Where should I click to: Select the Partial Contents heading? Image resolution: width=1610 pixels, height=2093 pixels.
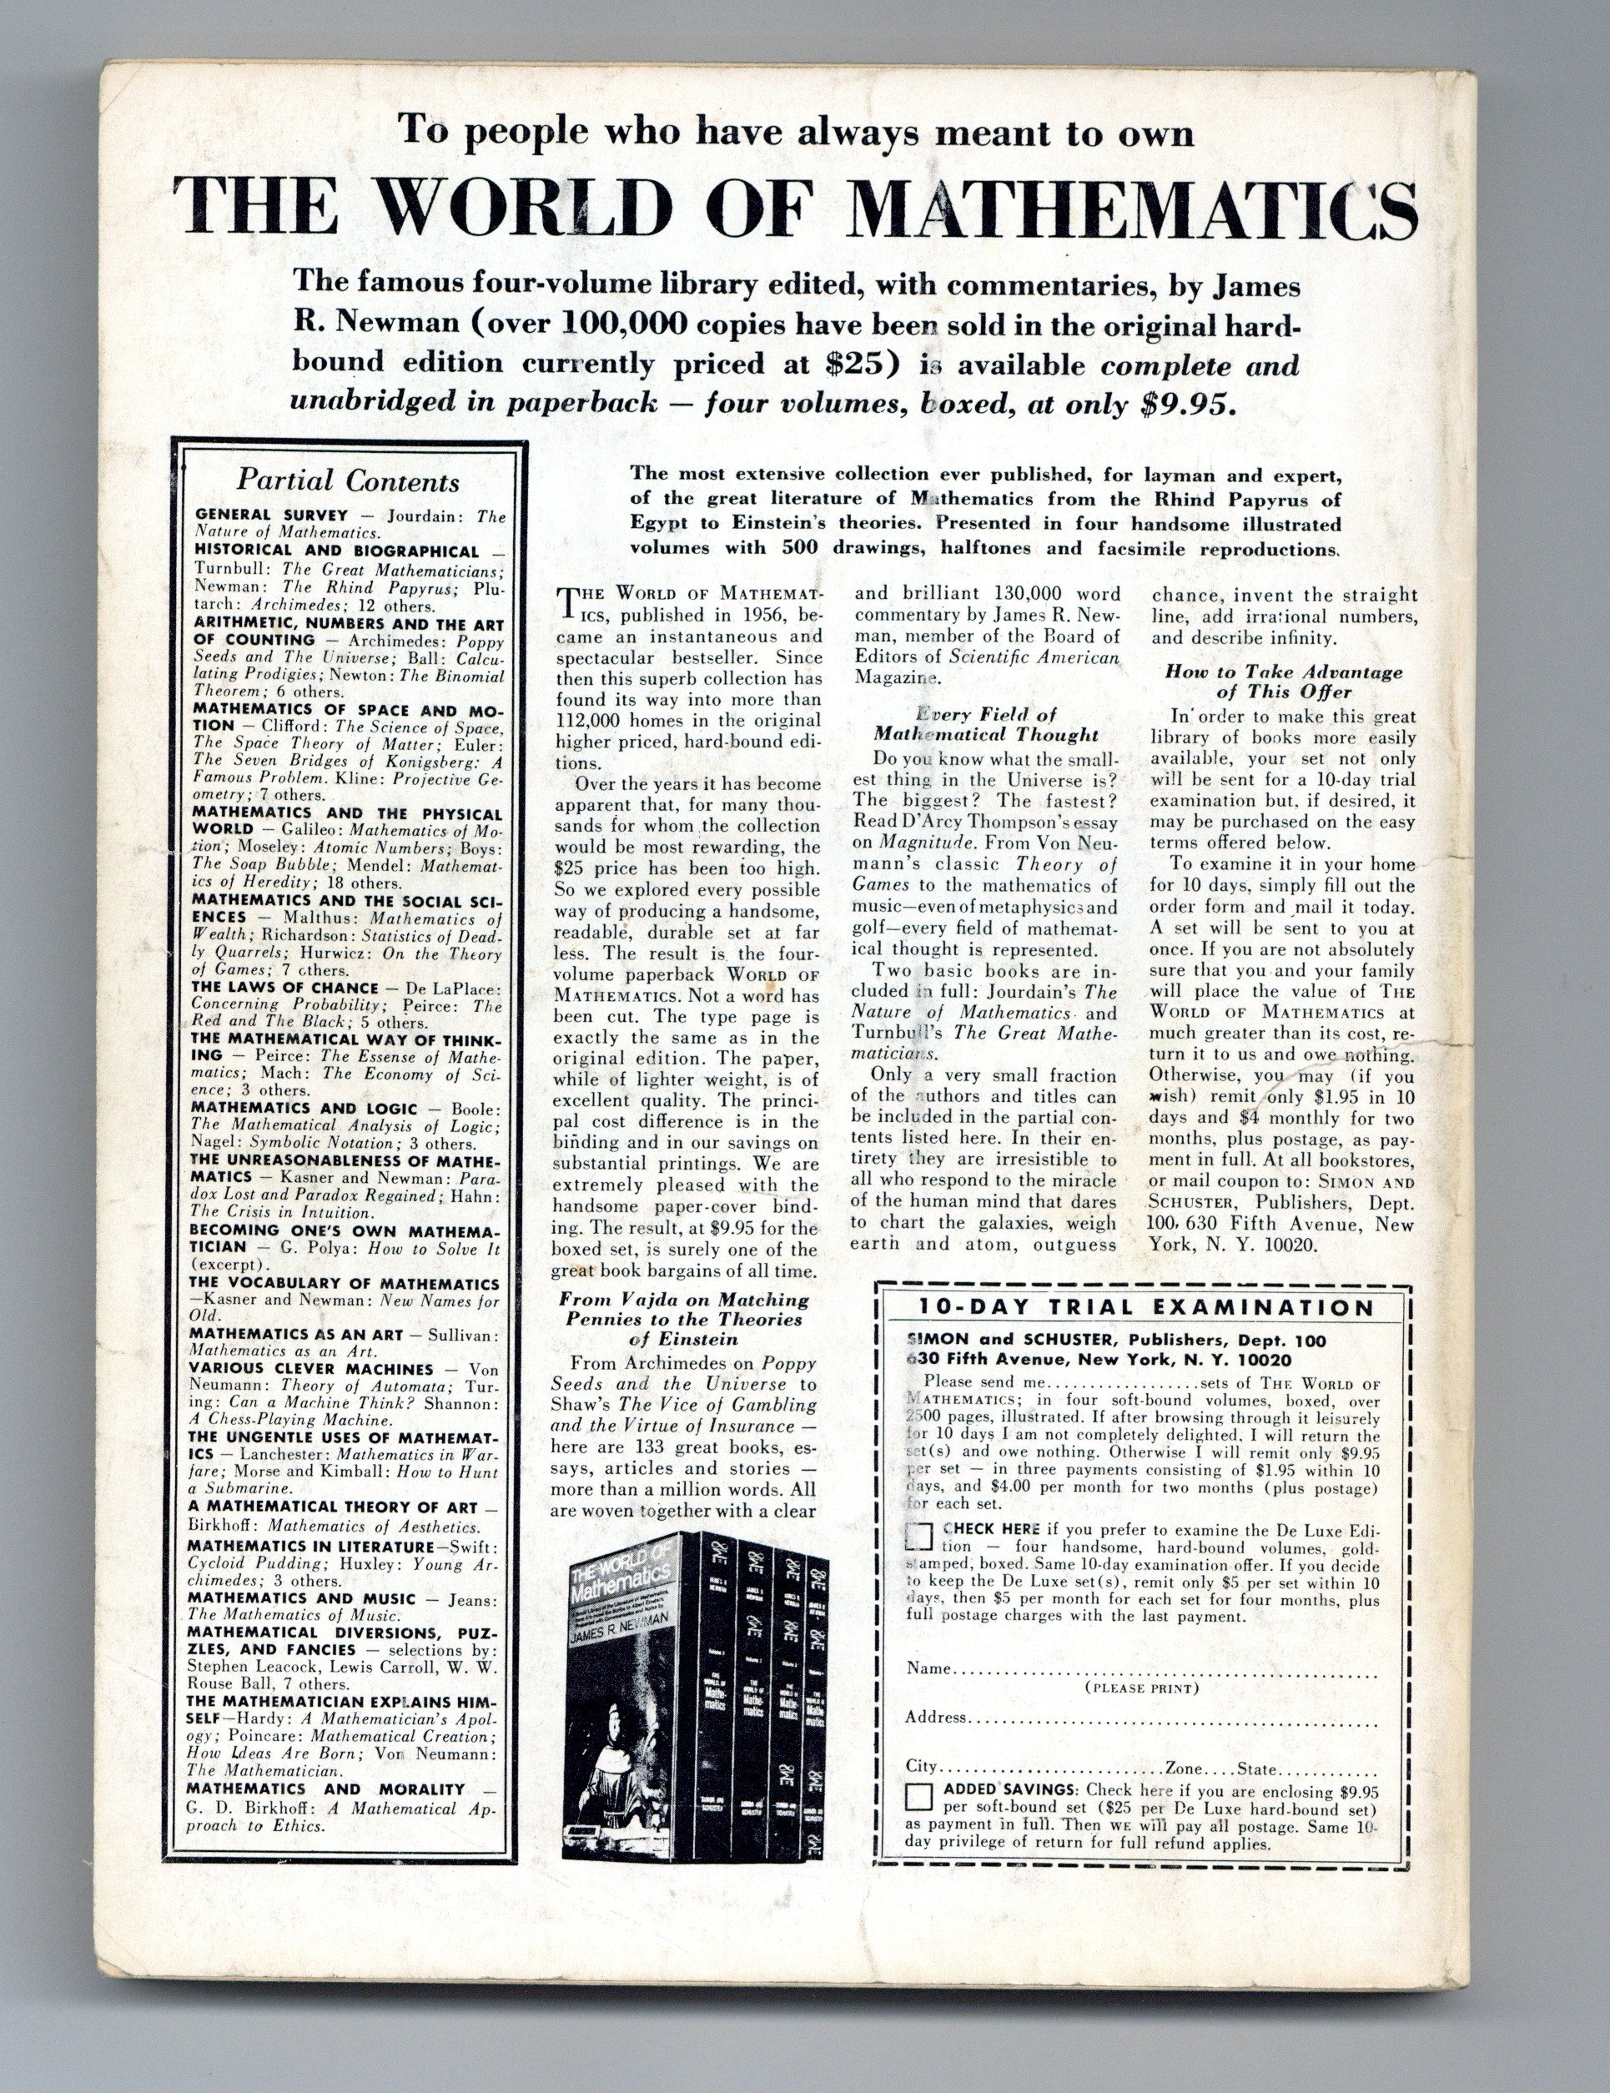pyautogui.click(x=348, y=480)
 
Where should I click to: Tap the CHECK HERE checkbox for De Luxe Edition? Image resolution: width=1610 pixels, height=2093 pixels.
pyautogui.click(x=919, y=1537)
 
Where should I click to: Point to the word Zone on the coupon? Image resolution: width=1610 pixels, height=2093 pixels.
pyautogui.click(x=1185, y=1767)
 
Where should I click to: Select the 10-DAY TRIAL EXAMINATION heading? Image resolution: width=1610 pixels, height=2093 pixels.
pyautogui.click(x=1146, y=1308)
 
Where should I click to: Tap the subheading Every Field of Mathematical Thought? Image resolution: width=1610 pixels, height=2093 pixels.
pyautogui.click(x=985, y=724)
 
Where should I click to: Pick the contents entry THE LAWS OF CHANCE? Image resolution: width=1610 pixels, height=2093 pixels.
pyautogui.click(x=284, y=987)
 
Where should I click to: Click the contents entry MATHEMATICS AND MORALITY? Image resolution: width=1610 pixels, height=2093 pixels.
pyautogui.click(x=326, y=1789)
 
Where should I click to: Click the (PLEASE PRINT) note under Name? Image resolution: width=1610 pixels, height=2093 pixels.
pyautogui.click(x=1140, y=1688)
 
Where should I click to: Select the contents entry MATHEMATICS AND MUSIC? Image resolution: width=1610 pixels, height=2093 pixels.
pyautogui.click(x=302, y=1598)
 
